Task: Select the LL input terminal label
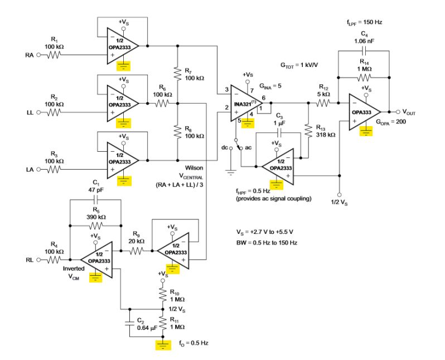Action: pyautogui.click(x=29, y=112)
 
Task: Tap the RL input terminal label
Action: pyautogui.click(x=28, y=260)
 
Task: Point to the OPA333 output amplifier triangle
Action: pyautogui.click(x=364, y=111)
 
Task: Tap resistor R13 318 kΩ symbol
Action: pyautogui.click(x=307, y=131)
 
